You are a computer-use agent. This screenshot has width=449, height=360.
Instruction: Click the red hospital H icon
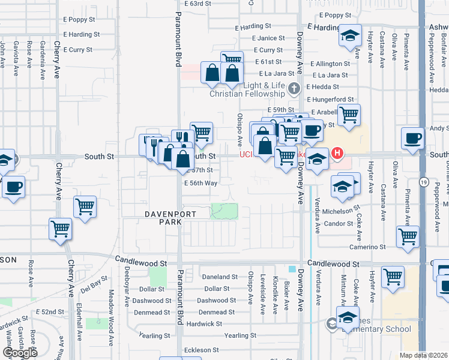tap(337, 154)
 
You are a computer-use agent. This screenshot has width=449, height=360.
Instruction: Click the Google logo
tap(19, 353)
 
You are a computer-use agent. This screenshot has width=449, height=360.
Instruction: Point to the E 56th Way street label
tap(200, 183)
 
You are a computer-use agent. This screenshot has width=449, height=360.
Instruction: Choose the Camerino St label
tap(368, 247)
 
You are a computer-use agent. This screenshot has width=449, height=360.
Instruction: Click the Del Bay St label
tap(95, 283)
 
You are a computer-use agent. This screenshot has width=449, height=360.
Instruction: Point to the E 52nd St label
tap(50, 312)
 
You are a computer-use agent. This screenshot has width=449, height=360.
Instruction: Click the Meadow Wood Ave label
tap(111, 317)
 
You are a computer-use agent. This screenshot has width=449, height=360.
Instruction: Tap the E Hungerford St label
tap(330, 99)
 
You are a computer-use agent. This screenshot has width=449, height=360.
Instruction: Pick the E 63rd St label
tap(199, 4)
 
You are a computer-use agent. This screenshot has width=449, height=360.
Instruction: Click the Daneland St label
tap(220, 277)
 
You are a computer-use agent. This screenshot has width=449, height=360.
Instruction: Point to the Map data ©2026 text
tap(424, 355)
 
